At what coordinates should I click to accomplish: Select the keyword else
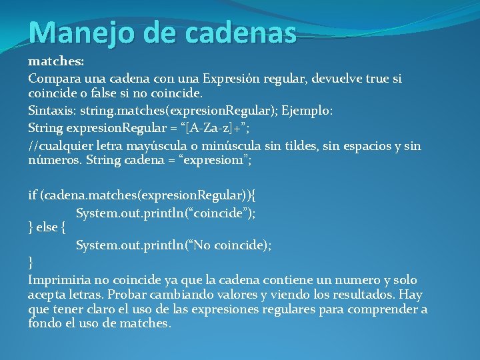pyautogui.click(x=47, y=227)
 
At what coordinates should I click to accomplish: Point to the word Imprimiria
pyautogui.click(x=59, y=279)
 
